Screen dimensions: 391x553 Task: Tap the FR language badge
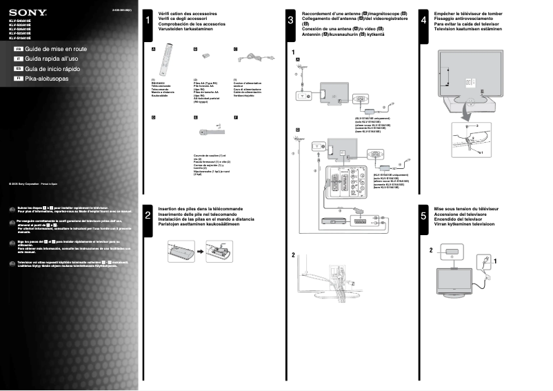(19, 50)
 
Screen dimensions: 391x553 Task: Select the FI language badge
(19, 79)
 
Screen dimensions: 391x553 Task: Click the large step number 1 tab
(148, 21)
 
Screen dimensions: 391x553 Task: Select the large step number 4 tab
(423, 21)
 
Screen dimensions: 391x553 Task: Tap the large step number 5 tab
(423, 216)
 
